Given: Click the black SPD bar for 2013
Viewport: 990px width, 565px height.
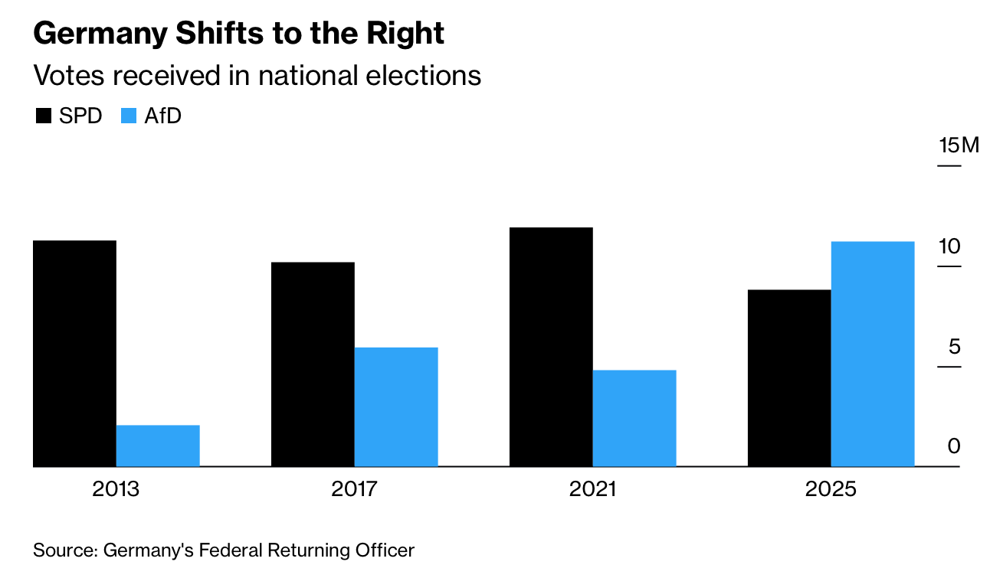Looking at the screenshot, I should pyautogui.click(x=75, y=353).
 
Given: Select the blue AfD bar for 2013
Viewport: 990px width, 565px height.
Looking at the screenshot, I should pyautogui.click(x=158, y=446).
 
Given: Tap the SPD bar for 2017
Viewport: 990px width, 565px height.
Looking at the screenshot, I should pyautogui.click(x=313, y=364).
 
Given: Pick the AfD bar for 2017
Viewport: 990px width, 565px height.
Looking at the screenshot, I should pyautogui.click(x=396, y=407).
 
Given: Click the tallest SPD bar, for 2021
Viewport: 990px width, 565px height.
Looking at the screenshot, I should pyautogui.click(x=551, y=347).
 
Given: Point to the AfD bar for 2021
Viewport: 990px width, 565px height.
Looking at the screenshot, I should pyautogui.click(x=634, y=418).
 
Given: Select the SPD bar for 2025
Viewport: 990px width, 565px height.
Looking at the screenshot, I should pyautogui.click(x=789, y=377).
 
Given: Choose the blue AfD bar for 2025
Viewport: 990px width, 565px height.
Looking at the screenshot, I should pyautogui.click(x=873, y=354).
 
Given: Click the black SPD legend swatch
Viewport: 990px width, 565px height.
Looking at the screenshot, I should pyautogui.click(x=44, y=116).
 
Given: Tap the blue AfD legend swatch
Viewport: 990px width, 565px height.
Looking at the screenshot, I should pyautogui.click(x=128, y=116).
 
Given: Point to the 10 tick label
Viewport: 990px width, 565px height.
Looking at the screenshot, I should pyautogui.click(x=949, y=247).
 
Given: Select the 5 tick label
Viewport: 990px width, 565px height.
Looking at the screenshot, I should pyautogui.click(x=954, y=347).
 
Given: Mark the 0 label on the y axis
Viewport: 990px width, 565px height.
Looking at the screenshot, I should pyautogui.click(x=954, y=446).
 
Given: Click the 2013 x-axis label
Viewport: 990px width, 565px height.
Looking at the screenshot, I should pyautogui.click(x=116, y=488).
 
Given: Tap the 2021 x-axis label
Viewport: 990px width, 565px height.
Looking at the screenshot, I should pyautogui.click(x=592, y=488).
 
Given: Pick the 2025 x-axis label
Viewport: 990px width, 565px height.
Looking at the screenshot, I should pyautogui.click(x=831, y=488).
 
